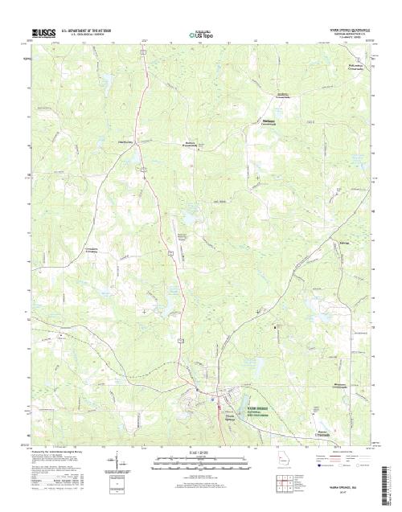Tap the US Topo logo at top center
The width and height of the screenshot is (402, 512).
[x=201, y=35]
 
